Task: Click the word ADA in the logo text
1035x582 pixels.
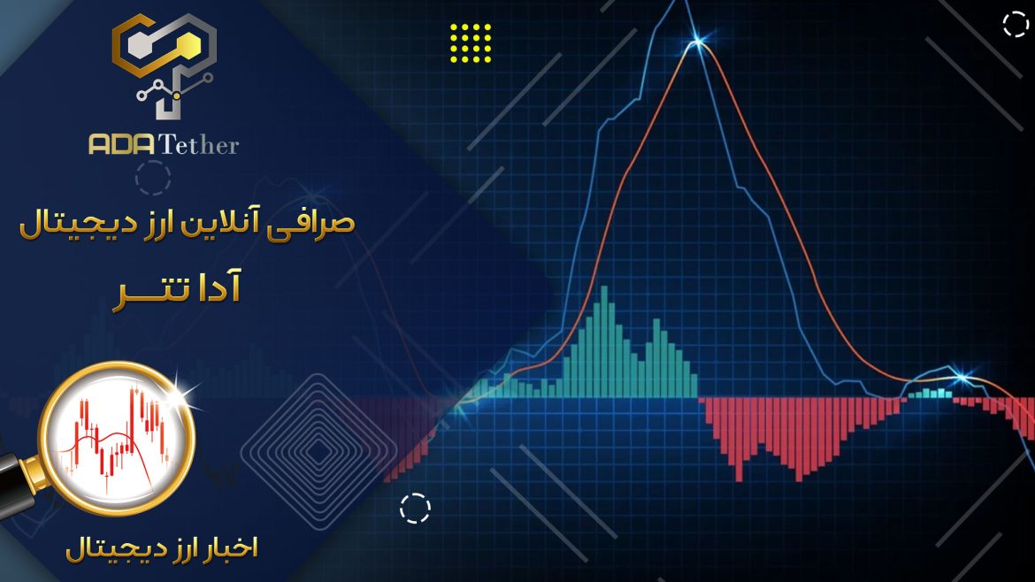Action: point(122,144)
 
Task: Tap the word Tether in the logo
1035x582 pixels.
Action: point(199,144)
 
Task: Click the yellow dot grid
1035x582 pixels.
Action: point(471,42)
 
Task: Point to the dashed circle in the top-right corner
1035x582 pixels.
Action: point(1016,25)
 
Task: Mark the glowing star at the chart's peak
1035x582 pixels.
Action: point(697,42)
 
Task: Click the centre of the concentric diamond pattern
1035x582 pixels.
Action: point(318,452)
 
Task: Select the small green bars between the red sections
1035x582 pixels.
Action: point(930,394)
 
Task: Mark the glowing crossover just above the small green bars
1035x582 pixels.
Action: point(961,378)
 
